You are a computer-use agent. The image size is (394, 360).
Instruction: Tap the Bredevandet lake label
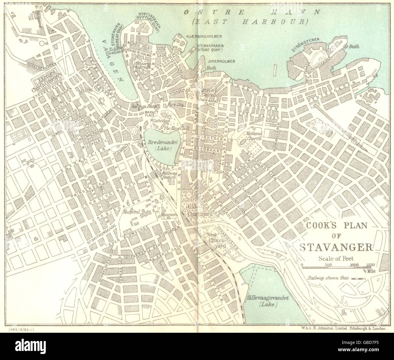click(159, 145)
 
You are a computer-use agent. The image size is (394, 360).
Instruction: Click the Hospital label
click(131, 212)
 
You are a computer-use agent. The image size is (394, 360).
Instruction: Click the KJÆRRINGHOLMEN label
click(204, 36)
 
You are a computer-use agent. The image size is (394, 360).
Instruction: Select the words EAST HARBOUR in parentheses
click(250, 21)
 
